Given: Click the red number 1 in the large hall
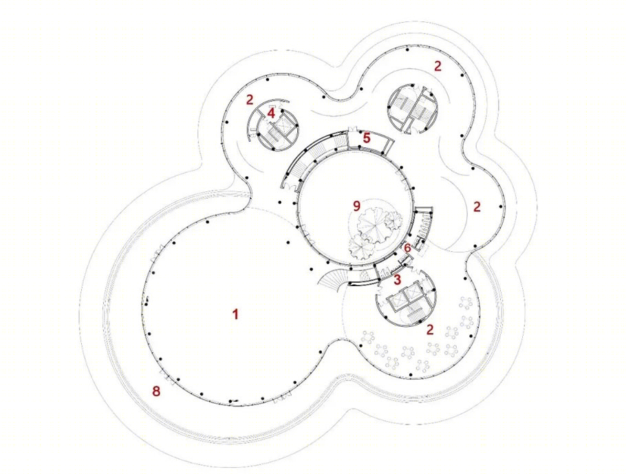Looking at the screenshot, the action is point(235,314).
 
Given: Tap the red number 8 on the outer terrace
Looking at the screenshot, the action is point(156,391).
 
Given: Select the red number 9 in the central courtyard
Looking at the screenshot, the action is point(356,206).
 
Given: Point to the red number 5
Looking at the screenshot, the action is point(367,138).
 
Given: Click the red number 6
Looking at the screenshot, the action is point(407,248).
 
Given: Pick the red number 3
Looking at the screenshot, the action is point(397,279).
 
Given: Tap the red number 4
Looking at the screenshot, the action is point(271,113).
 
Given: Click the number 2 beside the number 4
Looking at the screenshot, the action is point(250,100).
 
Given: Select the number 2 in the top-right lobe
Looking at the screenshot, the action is point(438,66).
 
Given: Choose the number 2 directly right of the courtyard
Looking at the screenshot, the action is point(477,207).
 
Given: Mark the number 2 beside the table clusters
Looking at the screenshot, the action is point(429,330).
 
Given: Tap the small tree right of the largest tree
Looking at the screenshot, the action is point(393,220).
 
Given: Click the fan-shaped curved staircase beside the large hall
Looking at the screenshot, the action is point(331,279).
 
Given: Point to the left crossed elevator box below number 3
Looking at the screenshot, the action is point(396,299).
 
